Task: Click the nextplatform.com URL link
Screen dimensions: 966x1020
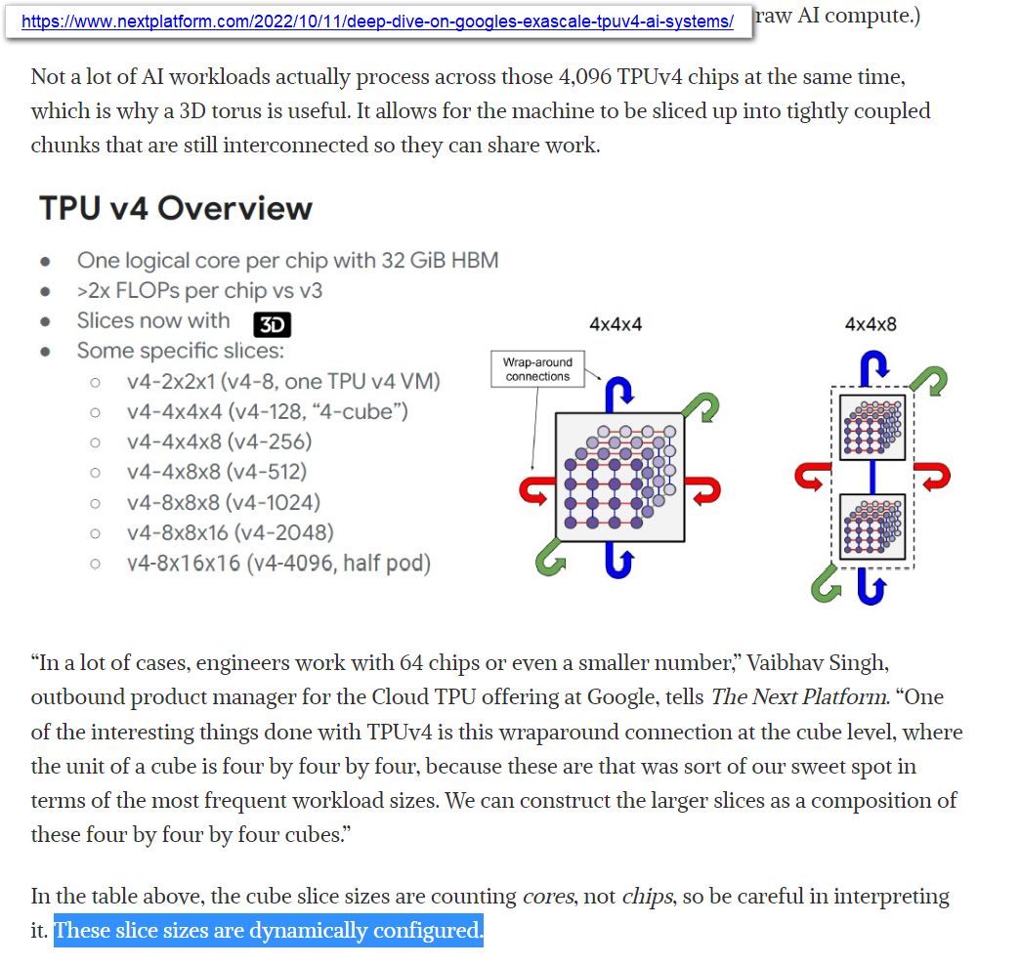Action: point(377,21)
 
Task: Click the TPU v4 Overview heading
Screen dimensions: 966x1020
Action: point(176,208)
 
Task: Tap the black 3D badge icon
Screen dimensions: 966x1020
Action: point(272,325)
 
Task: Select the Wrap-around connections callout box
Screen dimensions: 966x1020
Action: point(537,369)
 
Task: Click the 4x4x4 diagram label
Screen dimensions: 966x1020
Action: point(616,324)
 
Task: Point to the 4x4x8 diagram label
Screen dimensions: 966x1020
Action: point(870,324)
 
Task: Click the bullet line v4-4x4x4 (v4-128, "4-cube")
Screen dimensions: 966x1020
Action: point(267,411)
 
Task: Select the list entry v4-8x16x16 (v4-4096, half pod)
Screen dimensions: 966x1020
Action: point(278,564)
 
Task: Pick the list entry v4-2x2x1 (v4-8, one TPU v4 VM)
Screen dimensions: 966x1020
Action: point(283,381)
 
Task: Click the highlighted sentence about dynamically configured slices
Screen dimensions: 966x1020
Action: point(269,931)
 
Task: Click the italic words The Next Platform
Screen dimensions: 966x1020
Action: point(800,697)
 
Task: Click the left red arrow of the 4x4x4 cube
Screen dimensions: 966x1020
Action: point(533,488)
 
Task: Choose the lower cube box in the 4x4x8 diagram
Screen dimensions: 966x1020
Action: point(872,526)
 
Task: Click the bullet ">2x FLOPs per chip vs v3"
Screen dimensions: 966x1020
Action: point(199,290)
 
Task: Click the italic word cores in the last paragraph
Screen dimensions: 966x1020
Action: point(548,897)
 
